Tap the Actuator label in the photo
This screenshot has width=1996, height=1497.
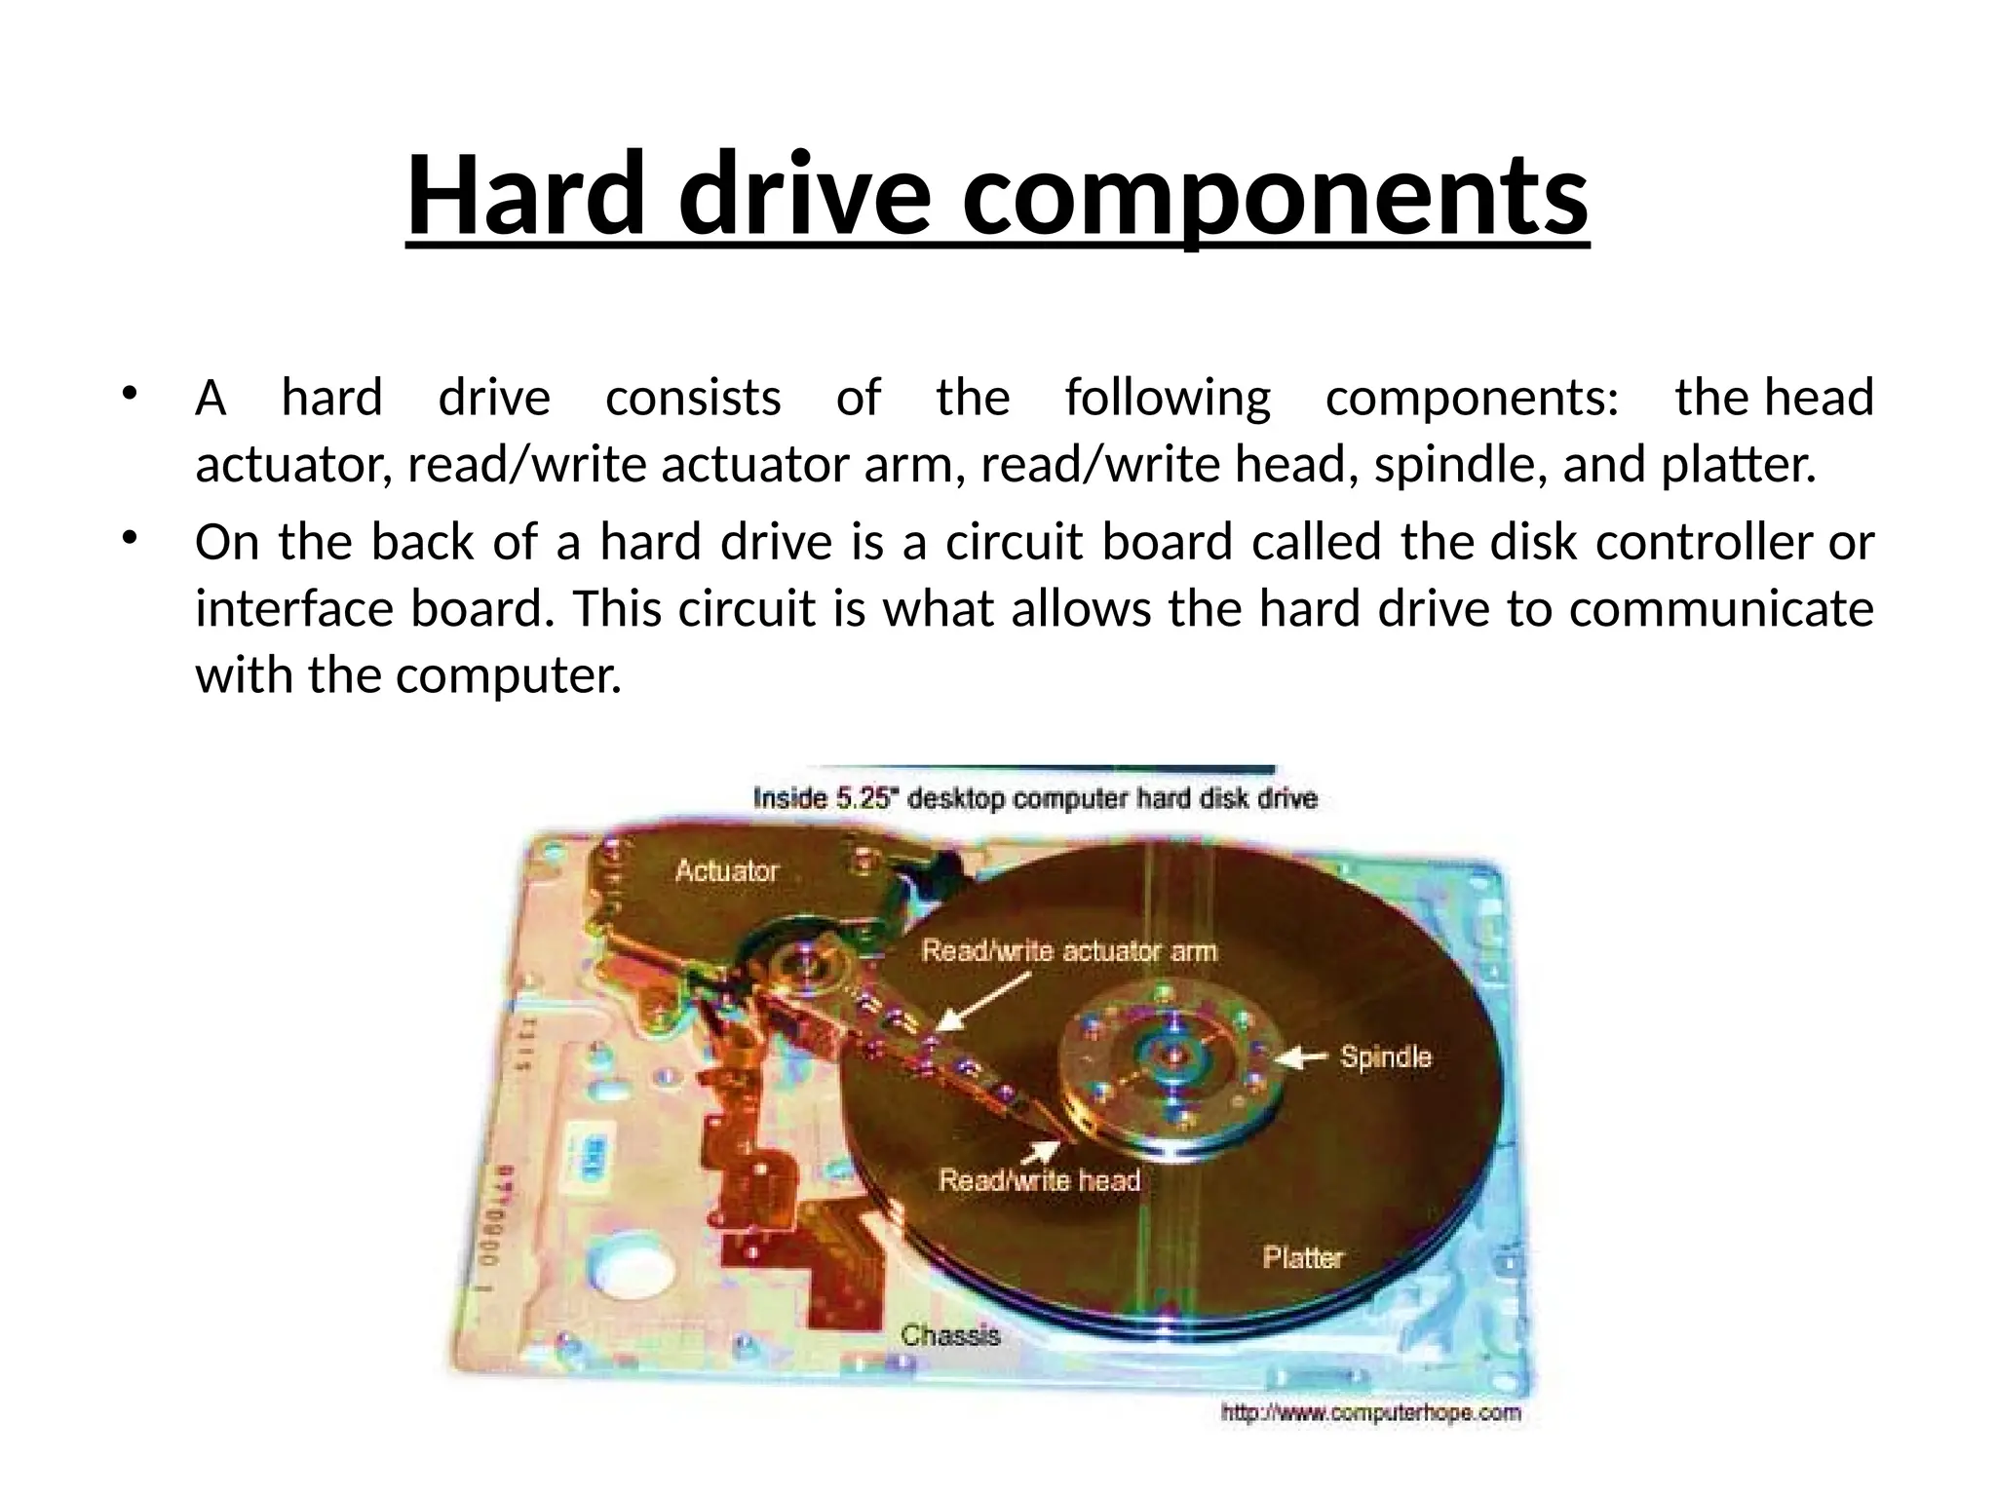point(727,870)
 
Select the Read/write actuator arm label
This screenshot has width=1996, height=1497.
point(1069,950)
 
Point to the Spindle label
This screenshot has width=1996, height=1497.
point(1385,1056)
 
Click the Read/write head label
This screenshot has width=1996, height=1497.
point(1039,1180)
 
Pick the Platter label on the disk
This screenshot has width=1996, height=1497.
point(1303,1257)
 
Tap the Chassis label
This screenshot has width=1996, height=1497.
point(950,1334)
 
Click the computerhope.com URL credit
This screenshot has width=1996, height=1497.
point(1370,1412)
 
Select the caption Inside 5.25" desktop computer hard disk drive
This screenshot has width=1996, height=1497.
point(1035,799)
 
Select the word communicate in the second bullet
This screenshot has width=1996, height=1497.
point(1721,609)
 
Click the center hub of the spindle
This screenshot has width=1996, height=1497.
point(1173,1055)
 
